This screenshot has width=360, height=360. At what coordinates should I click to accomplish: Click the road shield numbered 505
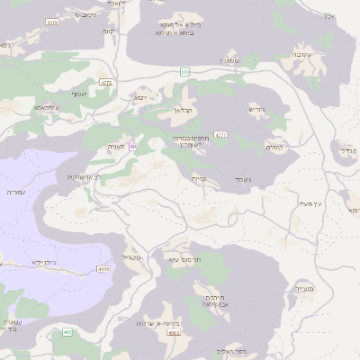click(x=185, y=71)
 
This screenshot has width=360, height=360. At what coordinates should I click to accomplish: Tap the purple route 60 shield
click(x=133, y=146)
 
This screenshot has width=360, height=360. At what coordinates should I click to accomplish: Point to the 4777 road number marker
click(x=221, y=135)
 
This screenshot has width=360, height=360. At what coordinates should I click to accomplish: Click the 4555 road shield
click(x=103, y=268)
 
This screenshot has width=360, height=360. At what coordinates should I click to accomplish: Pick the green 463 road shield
click(x=67, y=332)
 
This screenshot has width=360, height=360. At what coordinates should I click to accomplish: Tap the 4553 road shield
click(x=174, y=333)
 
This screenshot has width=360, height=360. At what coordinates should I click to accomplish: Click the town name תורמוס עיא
click(x=175, y=258)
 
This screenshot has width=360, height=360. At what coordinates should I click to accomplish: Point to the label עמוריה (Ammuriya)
click(x=16, y=193)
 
